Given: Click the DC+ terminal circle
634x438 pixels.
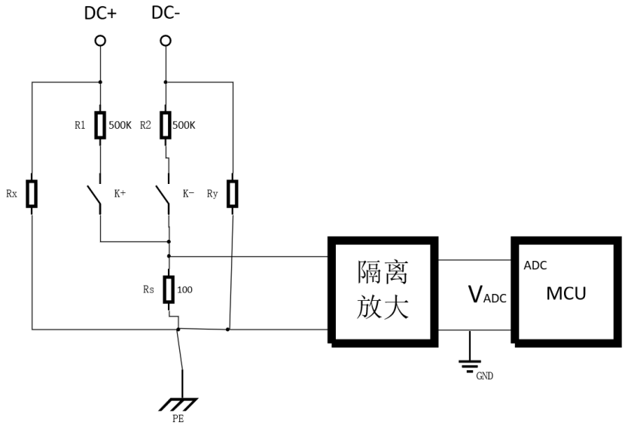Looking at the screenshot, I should pos(100,41).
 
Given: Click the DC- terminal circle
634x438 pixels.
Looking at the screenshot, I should pos(166,41).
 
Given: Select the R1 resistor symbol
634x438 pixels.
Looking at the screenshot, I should pos(100,125).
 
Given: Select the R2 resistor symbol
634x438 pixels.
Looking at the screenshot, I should pos(166,125).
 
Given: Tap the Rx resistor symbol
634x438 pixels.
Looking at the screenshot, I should pos(32,194).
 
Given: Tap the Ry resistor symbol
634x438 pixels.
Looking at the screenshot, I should pos(233,194).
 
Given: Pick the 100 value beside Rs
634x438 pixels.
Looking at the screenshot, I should pos(185,288).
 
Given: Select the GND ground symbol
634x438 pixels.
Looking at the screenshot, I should pos(470,365).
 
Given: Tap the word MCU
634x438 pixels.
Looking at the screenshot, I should pos(566,293).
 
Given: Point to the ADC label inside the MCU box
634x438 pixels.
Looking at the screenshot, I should pos(535,265).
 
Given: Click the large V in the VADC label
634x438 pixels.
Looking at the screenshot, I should pos(475,295).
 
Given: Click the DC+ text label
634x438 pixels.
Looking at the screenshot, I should pos(100,14).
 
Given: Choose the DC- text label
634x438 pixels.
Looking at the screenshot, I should pos(166,14).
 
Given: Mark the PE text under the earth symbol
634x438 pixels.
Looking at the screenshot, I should pos(178,419).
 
